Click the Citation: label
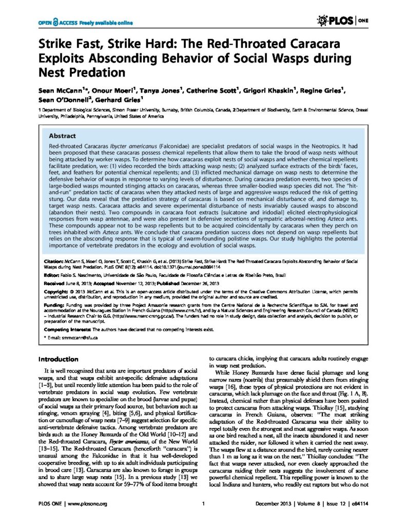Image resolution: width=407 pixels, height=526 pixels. pyautogui.click(x=53, y=261)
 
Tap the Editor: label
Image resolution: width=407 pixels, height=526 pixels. pyautogui.click(x=51, y=276)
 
